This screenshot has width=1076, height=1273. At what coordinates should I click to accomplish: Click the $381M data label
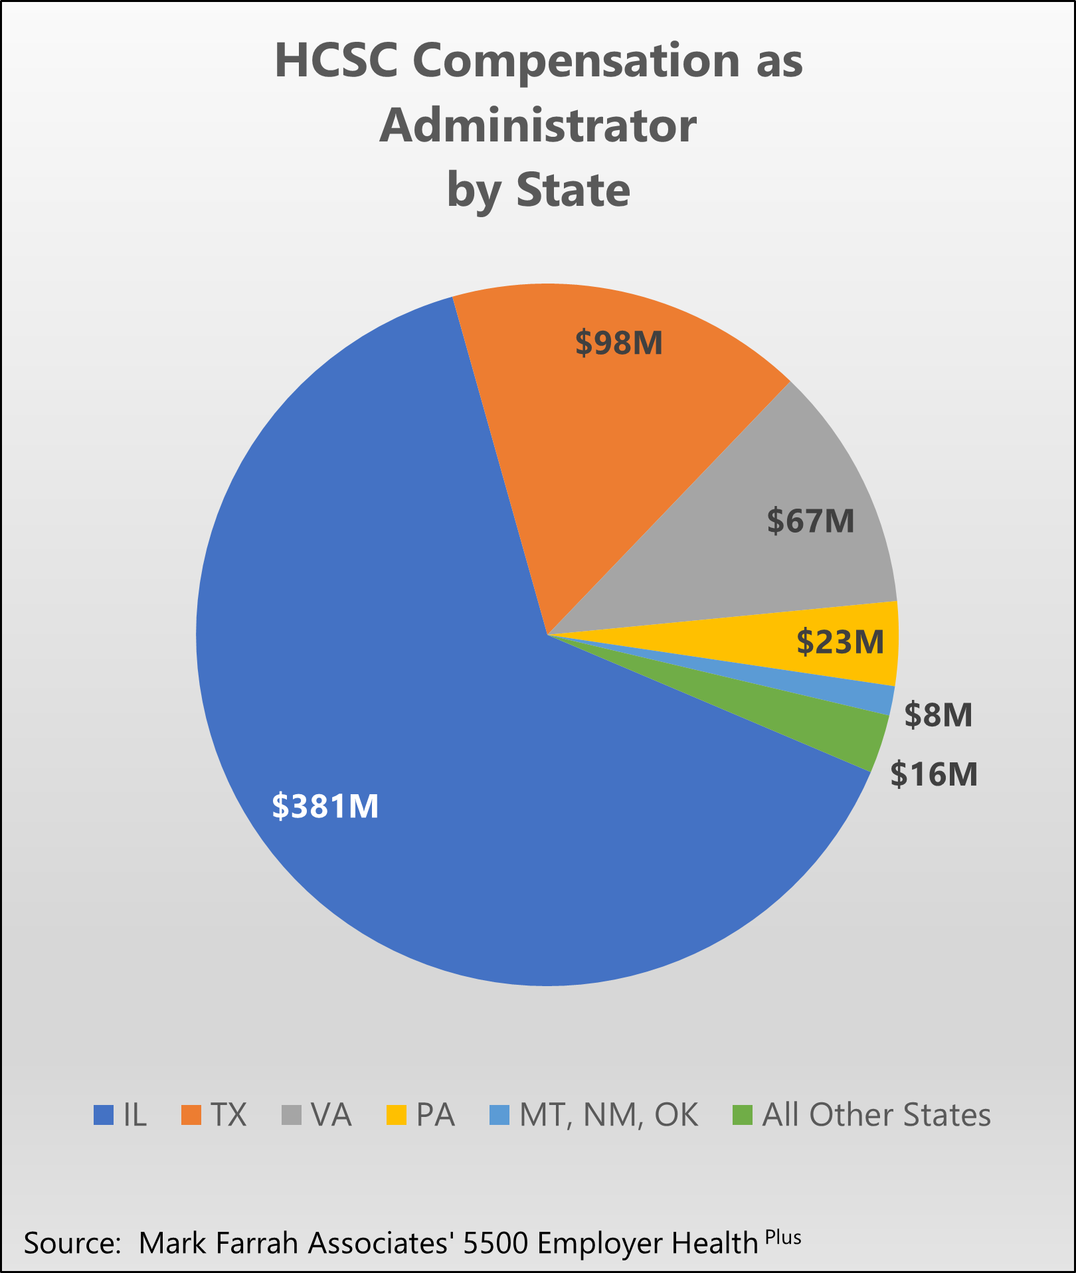coord(325,807)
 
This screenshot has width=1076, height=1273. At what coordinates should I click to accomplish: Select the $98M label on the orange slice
coord(619,343)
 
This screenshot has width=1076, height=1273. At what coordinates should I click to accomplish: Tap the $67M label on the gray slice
coord(810,521)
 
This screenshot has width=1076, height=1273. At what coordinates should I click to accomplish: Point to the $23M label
coord(840,642)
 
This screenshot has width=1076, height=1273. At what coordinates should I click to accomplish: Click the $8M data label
coord(939,715)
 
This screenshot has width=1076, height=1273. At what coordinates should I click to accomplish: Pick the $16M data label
coord(934,774)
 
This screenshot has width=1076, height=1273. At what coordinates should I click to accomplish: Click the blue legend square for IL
coord(104,1116)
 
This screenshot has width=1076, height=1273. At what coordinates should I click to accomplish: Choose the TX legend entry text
coord(228,1116)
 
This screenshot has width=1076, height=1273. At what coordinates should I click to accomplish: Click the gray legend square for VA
coord(292,1116)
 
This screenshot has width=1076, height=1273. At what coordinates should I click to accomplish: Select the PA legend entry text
coord(436,1116)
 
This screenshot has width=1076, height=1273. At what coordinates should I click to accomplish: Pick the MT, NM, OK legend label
coord(608,1116)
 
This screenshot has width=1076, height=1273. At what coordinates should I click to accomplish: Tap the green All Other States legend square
coord(743,1116)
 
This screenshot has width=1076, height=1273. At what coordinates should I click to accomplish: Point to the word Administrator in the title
coord(538,126)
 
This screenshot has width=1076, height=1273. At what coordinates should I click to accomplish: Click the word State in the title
coord(573,190)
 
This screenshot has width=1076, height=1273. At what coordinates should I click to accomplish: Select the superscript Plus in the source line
coord(783,1237)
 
